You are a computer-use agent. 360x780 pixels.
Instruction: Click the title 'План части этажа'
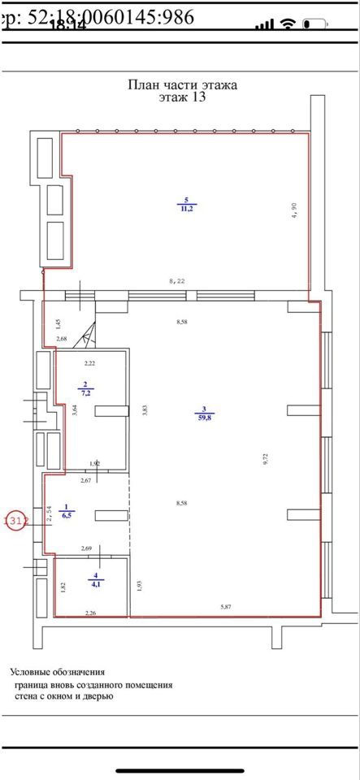pos(183,84)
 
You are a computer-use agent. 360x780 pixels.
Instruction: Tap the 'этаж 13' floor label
pos(183,97)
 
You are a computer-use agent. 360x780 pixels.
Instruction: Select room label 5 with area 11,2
pos(186,204)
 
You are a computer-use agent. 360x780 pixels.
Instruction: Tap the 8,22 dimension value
pos(177,281)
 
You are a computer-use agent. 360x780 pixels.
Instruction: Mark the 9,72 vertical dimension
pos(265,459)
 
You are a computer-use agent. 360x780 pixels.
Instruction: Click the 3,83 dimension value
pos(144,411)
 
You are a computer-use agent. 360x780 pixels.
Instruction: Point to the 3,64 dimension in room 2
pos(74,409)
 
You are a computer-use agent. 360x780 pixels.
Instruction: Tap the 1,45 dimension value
pos(59,324)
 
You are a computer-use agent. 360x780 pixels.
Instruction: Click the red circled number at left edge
pos(16,521)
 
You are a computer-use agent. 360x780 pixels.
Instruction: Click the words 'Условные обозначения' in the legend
pos(58,672)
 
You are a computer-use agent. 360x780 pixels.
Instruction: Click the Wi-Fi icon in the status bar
pos(286,24)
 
